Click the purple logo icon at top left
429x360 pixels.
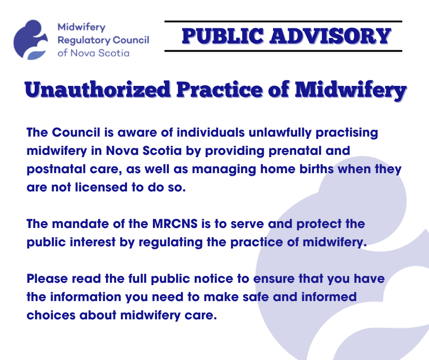pyautogui.click(x=31, y=40)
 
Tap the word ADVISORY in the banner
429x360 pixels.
pyautogui.click(x=330, y=36)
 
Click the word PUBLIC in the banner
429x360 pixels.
pyautogui.click(x=223, y=36)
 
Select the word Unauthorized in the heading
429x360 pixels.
pyautogui.click(x=97, y=90)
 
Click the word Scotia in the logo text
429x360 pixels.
pyautogui.click(x=114, y=53)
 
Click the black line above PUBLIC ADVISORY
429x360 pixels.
pyautogui.click(x=283, y=21)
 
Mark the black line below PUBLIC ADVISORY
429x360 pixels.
pyautogui.click(x=283, y=51)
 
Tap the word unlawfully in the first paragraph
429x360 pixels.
pyautogui.click(x=280, y=133)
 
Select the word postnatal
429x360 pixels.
pyautogui.click(x=56, y=169)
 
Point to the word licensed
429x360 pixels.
pyautogui.click(x=101, y=187)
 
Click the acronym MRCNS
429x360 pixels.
pyautogui.click(x=175, y=224)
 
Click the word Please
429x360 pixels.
pyautogui.click(x=47, y=279)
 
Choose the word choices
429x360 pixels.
pyautogui.click(x=51, y=315)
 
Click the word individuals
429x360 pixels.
pyautogui.click(x=210, y=132)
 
